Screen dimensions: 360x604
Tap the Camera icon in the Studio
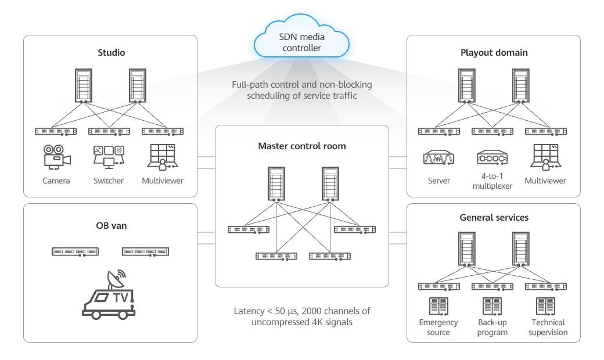56,157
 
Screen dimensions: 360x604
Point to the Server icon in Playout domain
439,158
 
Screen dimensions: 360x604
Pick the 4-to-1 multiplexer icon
492,158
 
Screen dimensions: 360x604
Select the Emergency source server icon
438,307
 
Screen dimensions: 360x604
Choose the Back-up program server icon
491,307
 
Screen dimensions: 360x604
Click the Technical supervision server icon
545,307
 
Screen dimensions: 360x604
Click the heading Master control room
301,146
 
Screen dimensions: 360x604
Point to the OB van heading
110,225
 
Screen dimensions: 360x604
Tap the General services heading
494,218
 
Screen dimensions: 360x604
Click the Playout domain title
494,53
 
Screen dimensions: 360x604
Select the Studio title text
112,53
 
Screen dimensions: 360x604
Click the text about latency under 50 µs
301,316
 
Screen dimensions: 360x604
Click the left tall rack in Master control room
275,184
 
